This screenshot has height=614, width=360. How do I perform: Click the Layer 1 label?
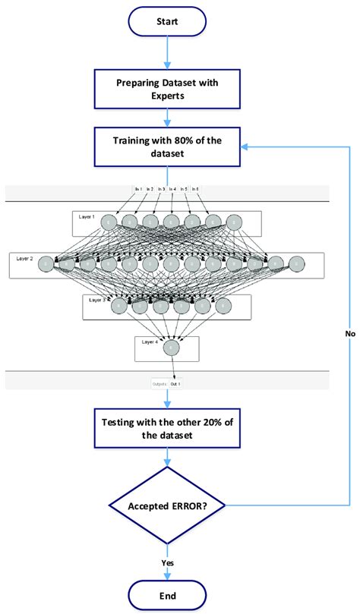click(x=87, y=216)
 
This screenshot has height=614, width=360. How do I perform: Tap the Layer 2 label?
click(x=25, y=258)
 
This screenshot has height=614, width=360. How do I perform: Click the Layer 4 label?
click(x=150, y=342)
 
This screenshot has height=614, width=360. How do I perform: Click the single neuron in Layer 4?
click(x=172, y=346)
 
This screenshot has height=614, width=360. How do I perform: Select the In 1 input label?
click(x=138, y=188)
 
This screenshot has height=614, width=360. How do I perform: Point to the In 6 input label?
click(x=195, y=188)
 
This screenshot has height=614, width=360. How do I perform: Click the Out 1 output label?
click(x=175, y=384)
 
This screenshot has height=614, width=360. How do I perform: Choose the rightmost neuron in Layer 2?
click(x=296, y=264)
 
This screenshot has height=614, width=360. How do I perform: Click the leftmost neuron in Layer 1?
click(x=111, y=222)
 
